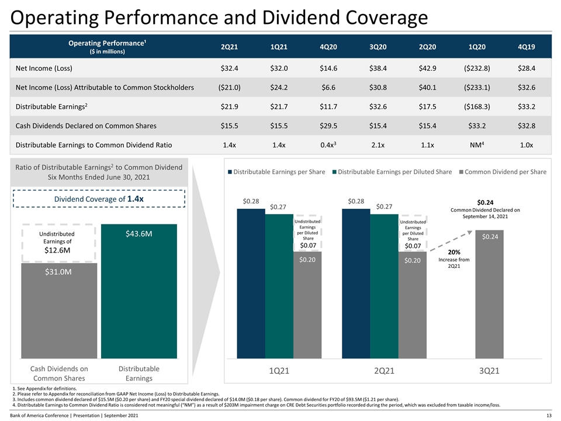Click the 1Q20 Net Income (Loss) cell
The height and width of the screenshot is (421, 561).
[477, 68]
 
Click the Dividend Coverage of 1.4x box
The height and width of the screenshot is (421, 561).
[99, 199]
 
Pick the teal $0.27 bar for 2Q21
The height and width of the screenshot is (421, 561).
[384, 287]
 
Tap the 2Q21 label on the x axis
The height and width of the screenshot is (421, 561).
[385, 371]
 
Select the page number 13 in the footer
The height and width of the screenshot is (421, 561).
[549, 415]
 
